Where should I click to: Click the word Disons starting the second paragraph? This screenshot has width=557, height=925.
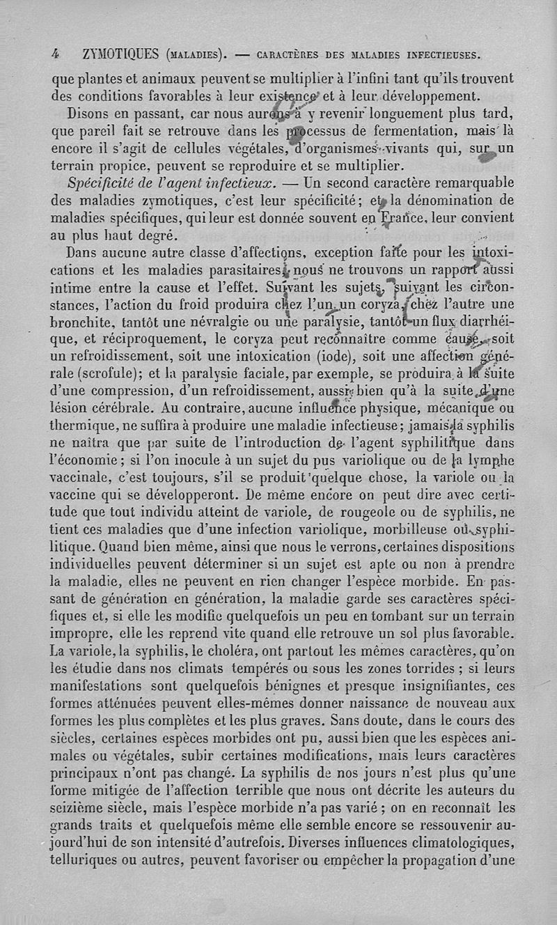(88, 112)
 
